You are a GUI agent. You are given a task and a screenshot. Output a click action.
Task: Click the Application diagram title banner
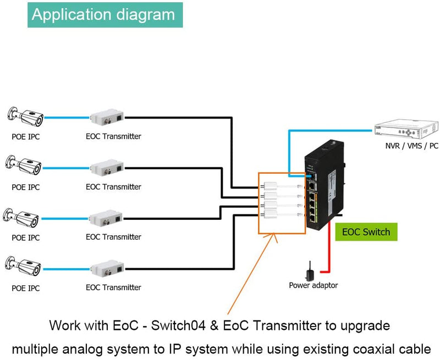pyautogui.click(x=104, y=14)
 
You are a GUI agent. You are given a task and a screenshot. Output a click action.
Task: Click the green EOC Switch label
pyautogui.click(x=366, y=232)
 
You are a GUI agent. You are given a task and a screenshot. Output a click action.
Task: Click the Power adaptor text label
pyautogui.click(x=313, y=285)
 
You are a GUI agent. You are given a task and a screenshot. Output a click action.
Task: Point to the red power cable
pyautogui.click(x=328, y=258)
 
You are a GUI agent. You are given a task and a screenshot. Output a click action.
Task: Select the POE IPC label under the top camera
pyautogui.click(x=25, y=136)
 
